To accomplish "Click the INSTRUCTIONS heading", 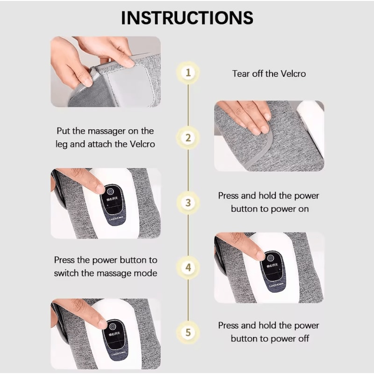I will click(187, 17).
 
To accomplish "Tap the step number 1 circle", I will click(188, 73).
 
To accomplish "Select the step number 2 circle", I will click(188, 138).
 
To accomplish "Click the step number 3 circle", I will click(188, 203).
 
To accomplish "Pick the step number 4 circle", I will click(188, 268).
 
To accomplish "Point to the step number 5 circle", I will click(188, 332).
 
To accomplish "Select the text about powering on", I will click(269, 202).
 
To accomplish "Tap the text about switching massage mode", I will click(106, 266).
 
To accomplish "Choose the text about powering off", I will click(269, 332).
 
